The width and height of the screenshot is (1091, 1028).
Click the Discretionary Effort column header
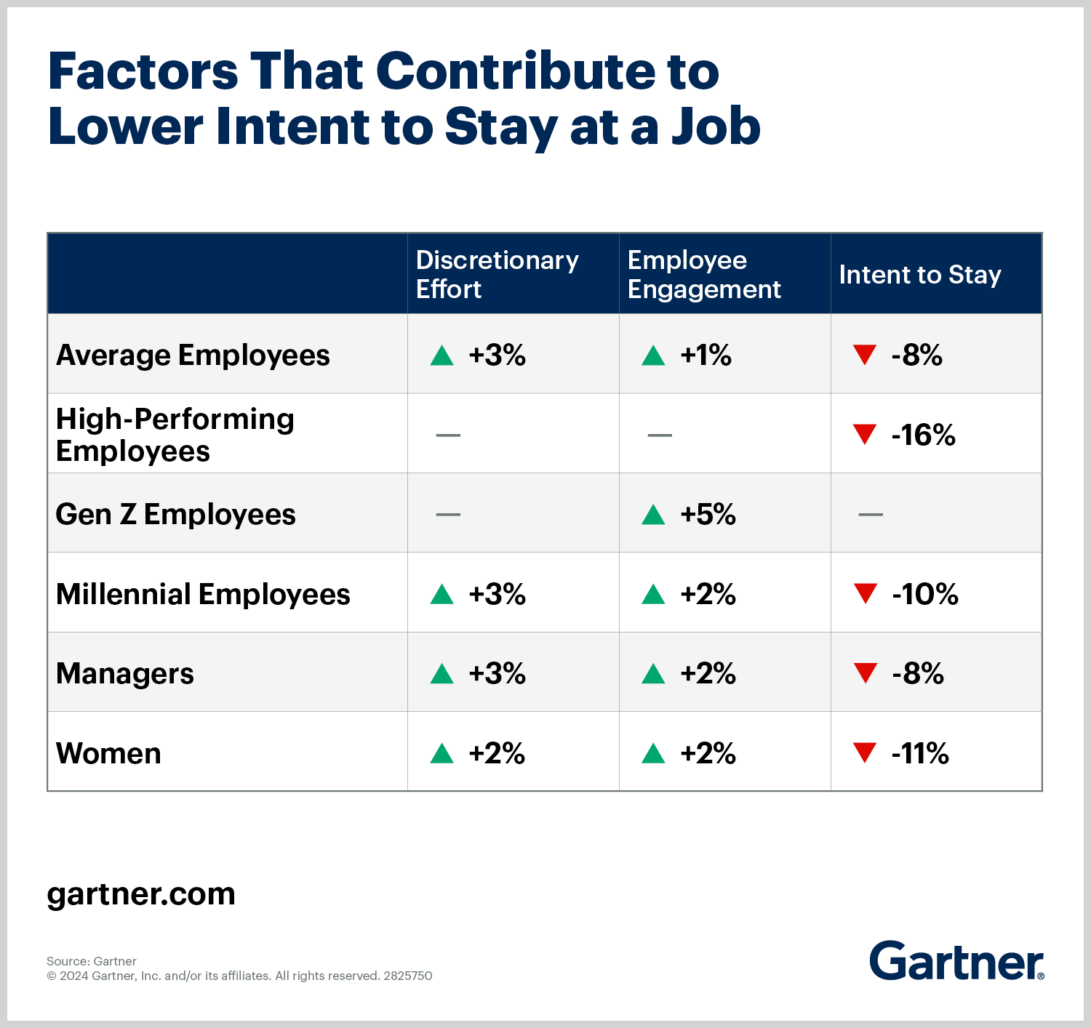[497, 274]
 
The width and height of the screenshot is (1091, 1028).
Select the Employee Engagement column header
[703, 274]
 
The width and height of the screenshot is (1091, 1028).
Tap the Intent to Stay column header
[920, 275]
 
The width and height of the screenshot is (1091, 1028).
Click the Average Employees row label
[193, 356]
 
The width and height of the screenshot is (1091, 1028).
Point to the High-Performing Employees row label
[175, 435]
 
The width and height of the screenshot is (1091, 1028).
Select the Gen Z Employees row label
[175, 515]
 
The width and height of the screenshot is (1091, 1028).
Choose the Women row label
[108, 753]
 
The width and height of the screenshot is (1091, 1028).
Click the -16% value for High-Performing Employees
[923, 435]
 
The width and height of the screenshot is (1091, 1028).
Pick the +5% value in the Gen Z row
[708, 515]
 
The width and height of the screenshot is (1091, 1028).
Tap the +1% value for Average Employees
[706, 356]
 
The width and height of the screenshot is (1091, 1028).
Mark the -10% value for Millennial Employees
[924, 594]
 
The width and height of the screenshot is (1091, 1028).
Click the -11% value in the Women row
[920, 753]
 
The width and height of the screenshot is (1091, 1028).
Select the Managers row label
[125, 674]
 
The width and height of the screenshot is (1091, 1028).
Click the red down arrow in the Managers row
[865, 673]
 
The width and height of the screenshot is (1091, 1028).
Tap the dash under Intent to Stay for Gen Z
[871, 515]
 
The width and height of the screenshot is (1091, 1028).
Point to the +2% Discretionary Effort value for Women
[497, 753]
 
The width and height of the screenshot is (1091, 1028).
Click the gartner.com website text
[141, 894]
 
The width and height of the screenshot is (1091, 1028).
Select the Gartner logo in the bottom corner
[956, 961]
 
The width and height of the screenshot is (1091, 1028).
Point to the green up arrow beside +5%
[653, 515]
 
